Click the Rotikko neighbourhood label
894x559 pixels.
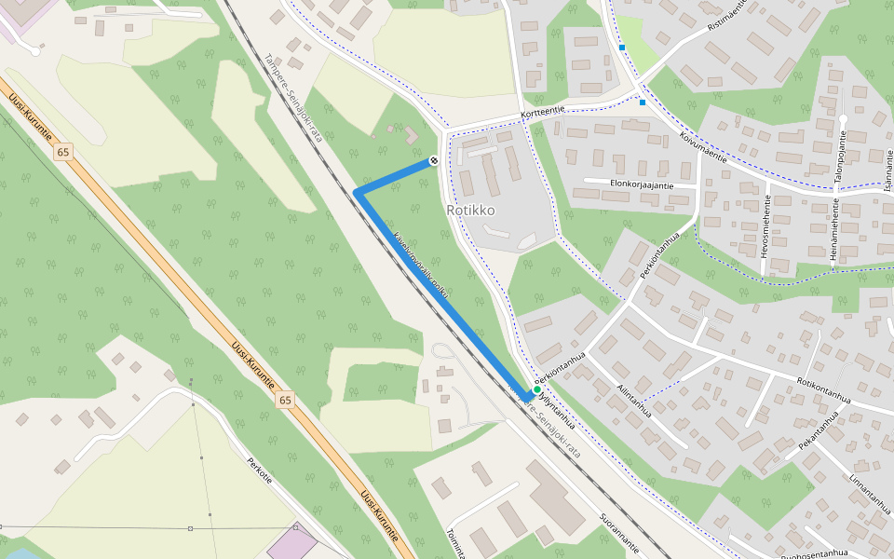(470, 211)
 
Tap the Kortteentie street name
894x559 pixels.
(543, 112)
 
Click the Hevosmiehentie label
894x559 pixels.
(766, 226)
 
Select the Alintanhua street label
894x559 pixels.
(633, 396)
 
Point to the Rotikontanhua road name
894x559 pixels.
(824, 390)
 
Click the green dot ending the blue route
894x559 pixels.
(537, 390)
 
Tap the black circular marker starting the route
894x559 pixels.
(434, 161)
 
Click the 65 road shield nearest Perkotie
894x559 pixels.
(284, 401)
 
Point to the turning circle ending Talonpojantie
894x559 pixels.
(842, 120)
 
